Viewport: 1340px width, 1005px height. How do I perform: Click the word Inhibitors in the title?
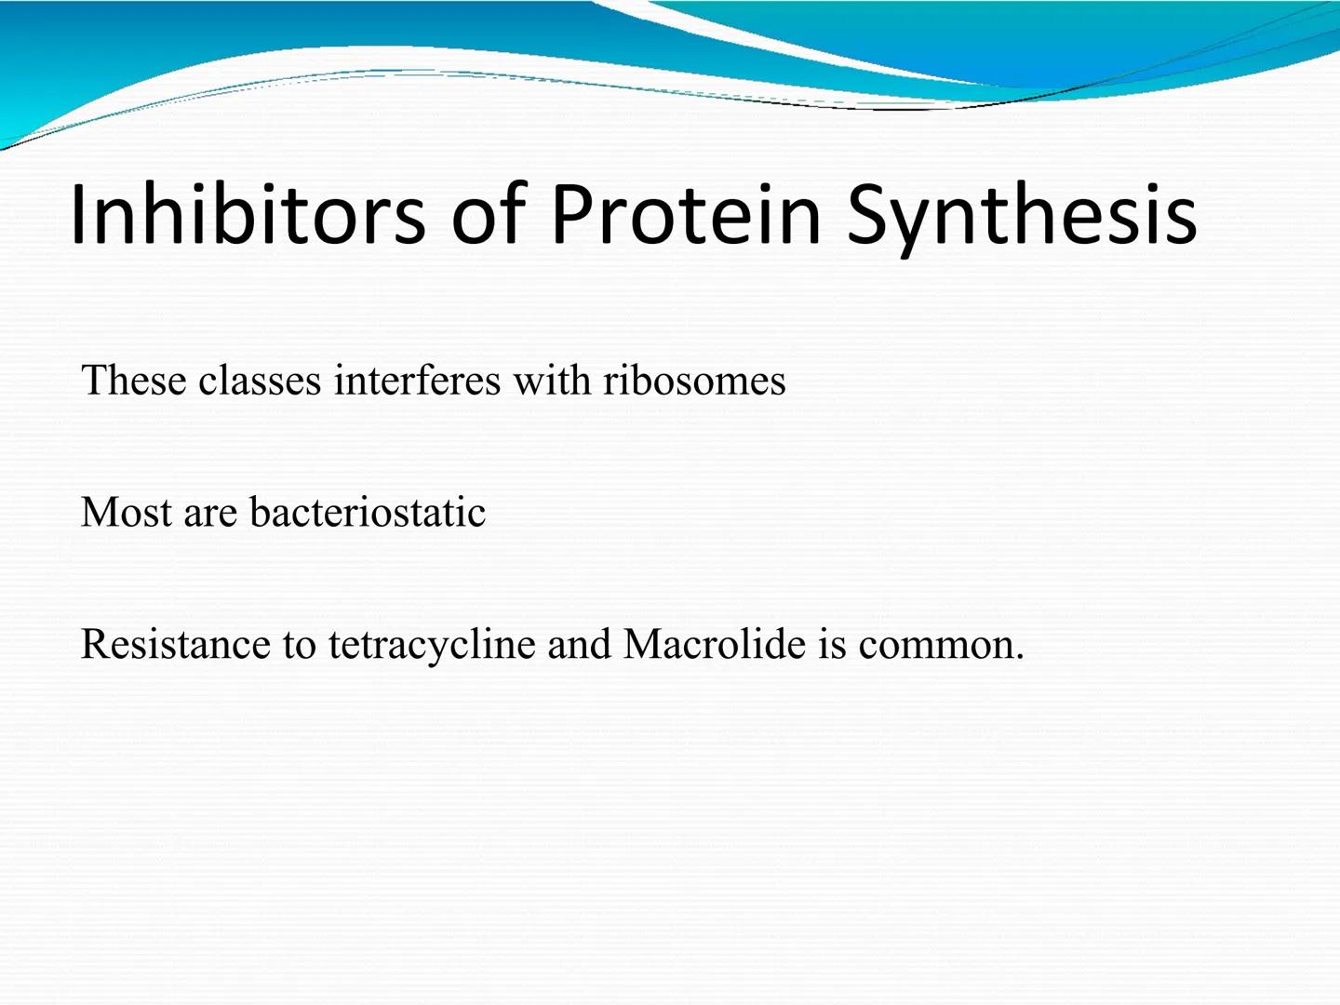[248, 214]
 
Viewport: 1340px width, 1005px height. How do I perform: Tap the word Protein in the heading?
[686, 214]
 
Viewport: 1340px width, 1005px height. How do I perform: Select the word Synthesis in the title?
[1023, 220]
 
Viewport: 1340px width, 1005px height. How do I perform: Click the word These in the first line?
[133, 381]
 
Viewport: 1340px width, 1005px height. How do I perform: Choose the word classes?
[260, 381]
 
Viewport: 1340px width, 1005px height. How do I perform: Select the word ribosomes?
[694, 381]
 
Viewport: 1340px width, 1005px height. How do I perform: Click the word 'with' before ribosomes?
[552, 381]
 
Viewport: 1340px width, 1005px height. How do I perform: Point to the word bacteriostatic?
[368, 512]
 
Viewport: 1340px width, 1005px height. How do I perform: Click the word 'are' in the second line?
[210, 516]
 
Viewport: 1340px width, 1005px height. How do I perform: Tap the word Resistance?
[175, 644]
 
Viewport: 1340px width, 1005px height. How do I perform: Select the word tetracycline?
[432, 647]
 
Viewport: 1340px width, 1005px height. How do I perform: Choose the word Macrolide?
[714, 643]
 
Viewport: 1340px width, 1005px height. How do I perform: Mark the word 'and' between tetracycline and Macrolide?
[579, 643]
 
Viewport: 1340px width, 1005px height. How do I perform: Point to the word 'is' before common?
[832, 644]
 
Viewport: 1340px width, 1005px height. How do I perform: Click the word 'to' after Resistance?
[299, 647]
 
